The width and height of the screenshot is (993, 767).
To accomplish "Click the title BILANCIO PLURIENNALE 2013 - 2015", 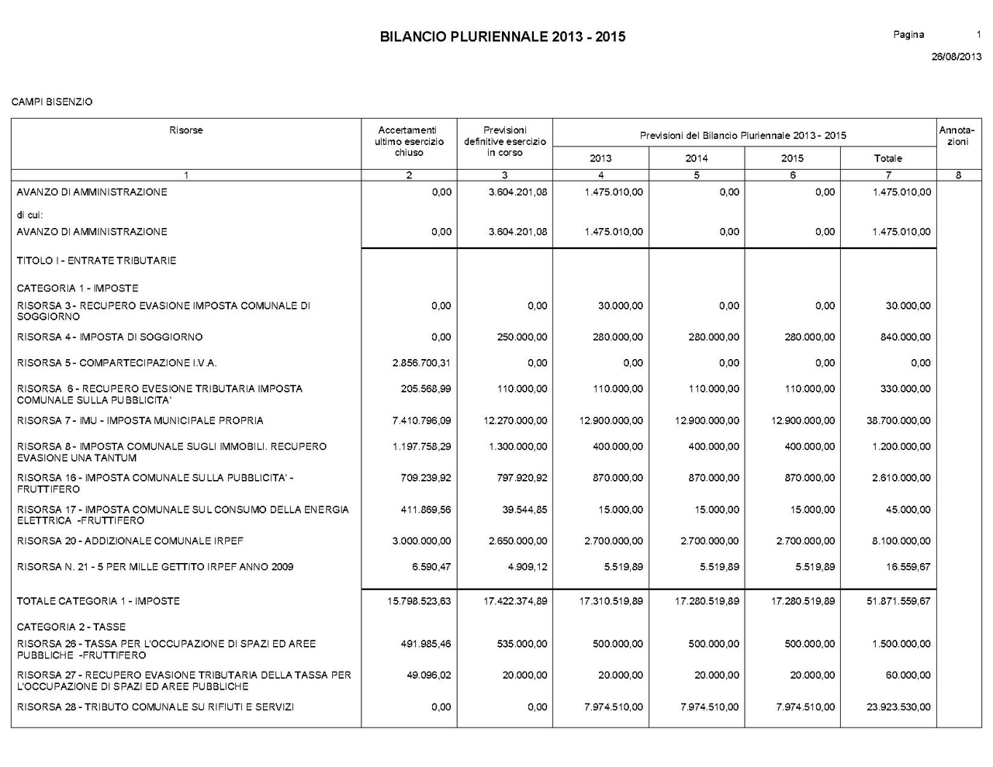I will [x=503, y=36].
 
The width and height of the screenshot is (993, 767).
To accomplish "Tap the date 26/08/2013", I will [x=956, y=57].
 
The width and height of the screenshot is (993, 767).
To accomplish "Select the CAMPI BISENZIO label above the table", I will [x=52, y=102].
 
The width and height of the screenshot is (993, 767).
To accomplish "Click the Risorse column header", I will [x=186, y=130].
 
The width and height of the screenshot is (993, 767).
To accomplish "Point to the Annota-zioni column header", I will [x=958, y=136].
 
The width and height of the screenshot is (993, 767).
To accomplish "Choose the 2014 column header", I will [x=696, y=158].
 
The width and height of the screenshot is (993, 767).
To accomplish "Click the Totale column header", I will [x=887, y=158].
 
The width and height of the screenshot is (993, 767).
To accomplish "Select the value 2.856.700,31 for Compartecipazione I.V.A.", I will [x=422, y=363].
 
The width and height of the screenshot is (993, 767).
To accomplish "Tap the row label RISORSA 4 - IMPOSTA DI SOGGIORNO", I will [x=109, y=337].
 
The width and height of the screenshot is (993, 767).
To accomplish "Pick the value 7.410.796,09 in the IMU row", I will [x=422, y=421].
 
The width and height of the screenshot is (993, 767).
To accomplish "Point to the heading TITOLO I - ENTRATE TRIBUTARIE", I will [x=96, y=261].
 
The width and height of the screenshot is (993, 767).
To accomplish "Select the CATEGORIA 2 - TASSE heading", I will [x=71, y=627].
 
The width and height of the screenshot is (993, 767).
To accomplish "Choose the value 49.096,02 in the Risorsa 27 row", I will [x=429, y=675].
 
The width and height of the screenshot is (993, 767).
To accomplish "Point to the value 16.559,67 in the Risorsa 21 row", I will [x=908, y=567].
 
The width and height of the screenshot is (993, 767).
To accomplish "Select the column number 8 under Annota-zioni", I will [x=958, y=175].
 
